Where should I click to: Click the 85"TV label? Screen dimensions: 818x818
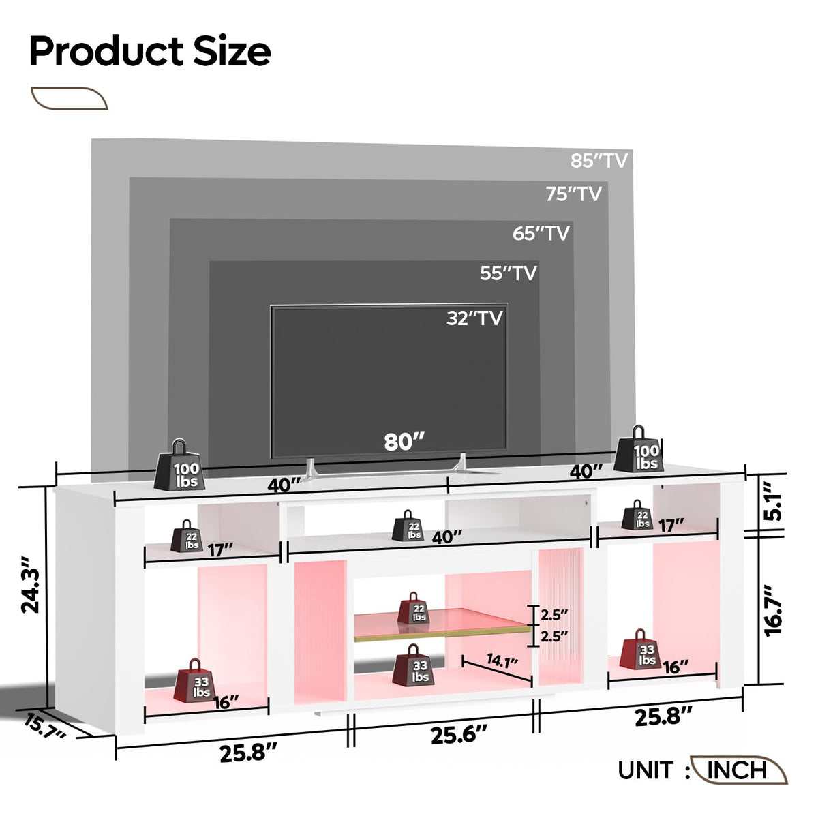[x=599, y=161]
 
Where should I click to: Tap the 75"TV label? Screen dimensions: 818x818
[x=573, y=194]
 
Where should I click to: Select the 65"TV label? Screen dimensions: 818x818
[x=541, y=234]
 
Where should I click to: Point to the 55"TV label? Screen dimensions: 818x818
[x=508, y=273]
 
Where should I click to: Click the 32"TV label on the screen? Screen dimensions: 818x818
[x=474, y=318]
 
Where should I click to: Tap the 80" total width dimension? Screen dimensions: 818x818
[x=404, y=442]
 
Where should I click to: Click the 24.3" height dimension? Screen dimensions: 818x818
[x=31, y=585]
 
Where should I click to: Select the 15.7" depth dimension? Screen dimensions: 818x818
[x=45, y=726]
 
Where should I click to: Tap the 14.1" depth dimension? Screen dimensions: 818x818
[x=502, y=661]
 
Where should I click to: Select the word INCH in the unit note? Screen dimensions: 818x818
[x=736, y=770]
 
